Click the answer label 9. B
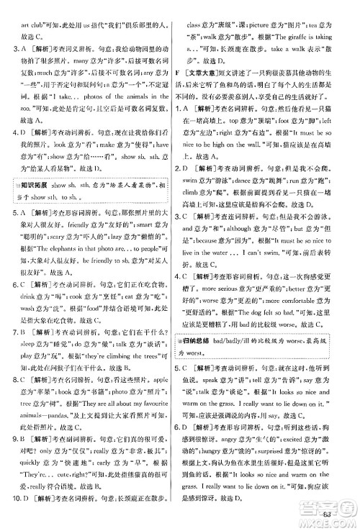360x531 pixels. click(x=21, y=460)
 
